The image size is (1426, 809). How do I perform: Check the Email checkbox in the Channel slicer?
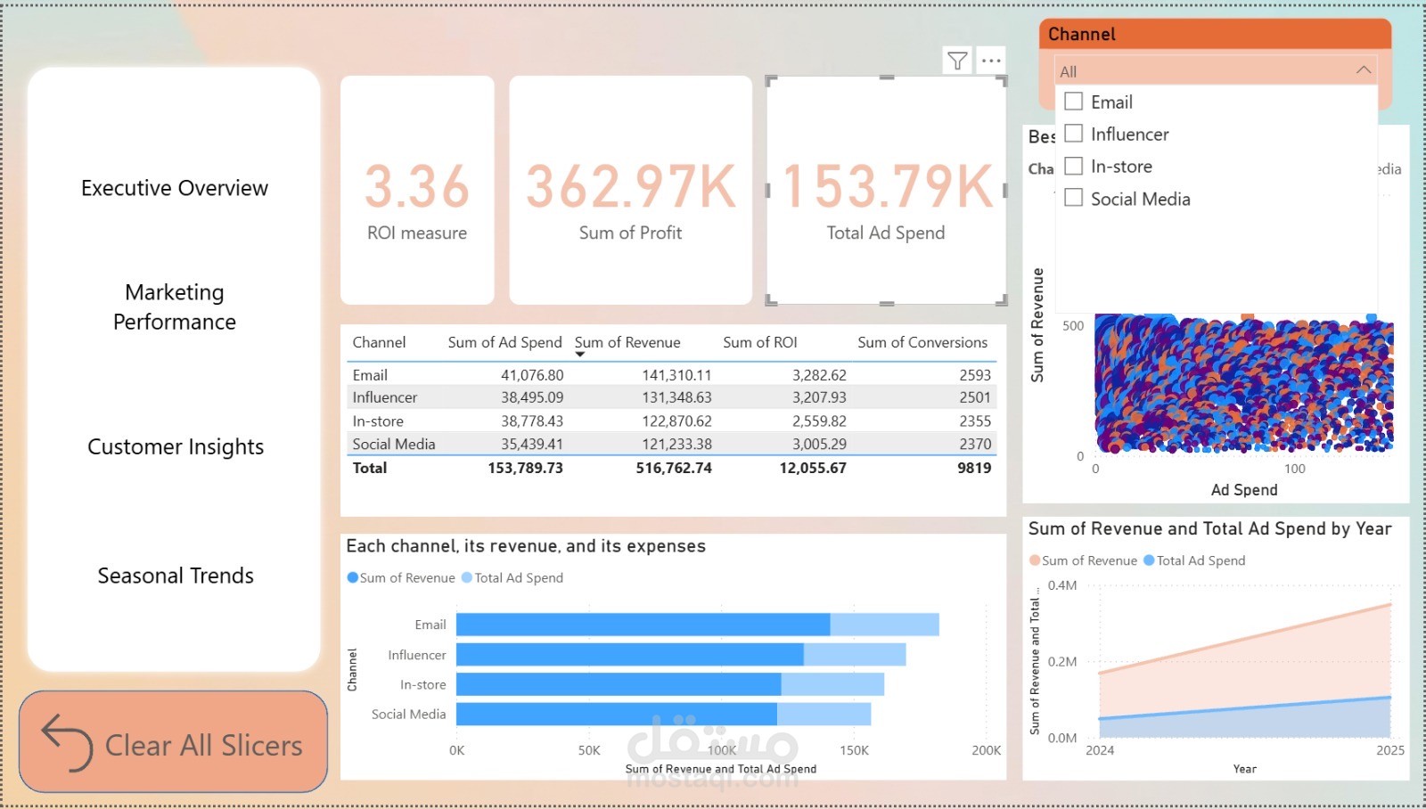click(1074, 102)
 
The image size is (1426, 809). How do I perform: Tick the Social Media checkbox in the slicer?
click(1074, 198)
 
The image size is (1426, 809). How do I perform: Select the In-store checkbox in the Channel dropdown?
click(1074, 166)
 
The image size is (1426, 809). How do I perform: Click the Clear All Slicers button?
click(174, 742)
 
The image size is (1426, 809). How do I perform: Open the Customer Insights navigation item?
click(176, 446)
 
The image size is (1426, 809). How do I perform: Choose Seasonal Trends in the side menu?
click(176, 576)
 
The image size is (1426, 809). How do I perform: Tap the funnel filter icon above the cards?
click(957, 61)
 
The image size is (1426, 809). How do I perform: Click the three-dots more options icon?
click(991, 61)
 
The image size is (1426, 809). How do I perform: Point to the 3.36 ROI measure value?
click(416, 186)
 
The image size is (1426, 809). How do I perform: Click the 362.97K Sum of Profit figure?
click(631, 186)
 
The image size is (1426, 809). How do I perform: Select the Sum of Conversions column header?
click(922, 342)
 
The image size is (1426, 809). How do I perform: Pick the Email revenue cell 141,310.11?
click(676, 375)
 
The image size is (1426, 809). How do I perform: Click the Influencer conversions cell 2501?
click(974, 397)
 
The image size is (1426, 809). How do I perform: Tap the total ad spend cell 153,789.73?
click(525, 468)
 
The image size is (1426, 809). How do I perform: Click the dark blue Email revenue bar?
click(642, 625)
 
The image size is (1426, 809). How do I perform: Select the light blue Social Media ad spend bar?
click(824, 714)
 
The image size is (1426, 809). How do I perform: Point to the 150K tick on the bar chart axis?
click(854, 750)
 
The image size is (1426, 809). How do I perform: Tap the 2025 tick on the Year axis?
click(1389, 750)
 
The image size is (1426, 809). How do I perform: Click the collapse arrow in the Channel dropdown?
click(1363, 70)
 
